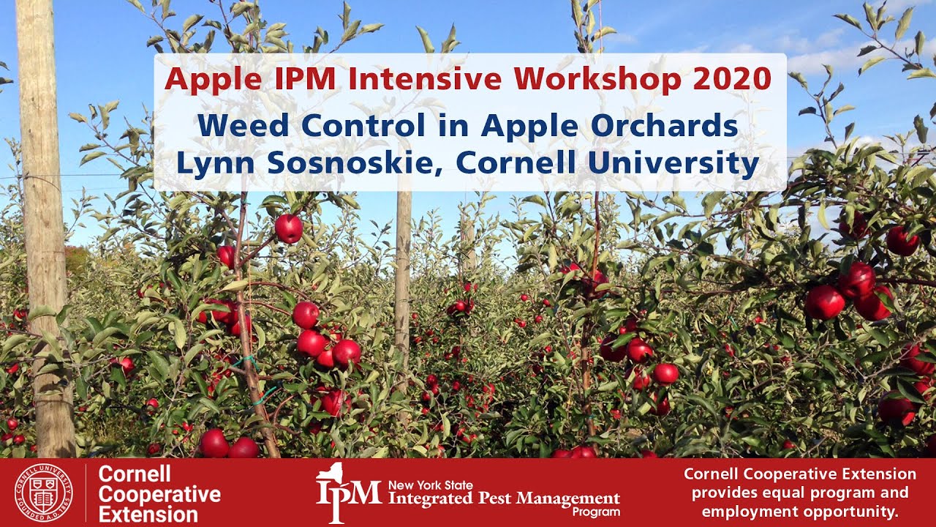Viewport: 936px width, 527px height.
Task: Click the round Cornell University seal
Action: click(45, 493)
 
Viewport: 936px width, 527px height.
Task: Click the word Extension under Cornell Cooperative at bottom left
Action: click(148, 514)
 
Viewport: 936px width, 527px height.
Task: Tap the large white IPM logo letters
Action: click(348, 492)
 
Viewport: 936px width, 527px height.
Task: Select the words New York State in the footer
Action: click(431, 485)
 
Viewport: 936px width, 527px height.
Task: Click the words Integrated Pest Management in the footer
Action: click(504, 499)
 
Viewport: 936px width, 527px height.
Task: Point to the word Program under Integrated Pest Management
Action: click(596, 512)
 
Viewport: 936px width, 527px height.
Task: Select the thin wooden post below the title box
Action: click(403, 293)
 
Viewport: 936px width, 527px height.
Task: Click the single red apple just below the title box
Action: click(289, 228)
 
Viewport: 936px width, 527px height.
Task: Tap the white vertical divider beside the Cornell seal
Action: click(86, 493)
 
